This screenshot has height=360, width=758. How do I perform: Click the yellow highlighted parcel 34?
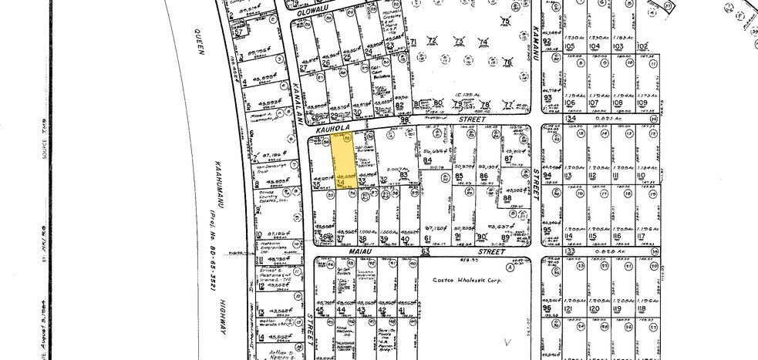tap(342, 163)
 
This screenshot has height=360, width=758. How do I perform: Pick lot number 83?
tap(403, 176)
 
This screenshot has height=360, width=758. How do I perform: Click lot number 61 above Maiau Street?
tap(427, 239)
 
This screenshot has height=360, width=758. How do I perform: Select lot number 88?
tap(507, 198)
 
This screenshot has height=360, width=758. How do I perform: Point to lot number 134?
tap(571, 118)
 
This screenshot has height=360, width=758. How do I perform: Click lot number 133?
tap(570, 251)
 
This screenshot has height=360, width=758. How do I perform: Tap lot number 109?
tap(642, 103)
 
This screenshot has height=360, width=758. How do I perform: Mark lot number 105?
tap(571, 45)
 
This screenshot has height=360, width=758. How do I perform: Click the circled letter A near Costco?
tap(508, 269)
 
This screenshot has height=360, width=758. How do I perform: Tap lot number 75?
tap(506, 20)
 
